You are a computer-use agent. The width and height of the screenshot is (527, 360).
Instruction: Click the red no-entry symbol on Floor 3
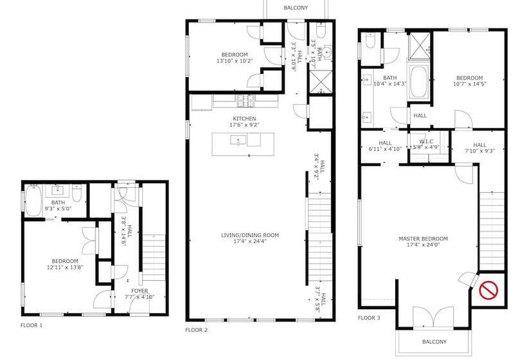click(x=489, y=289)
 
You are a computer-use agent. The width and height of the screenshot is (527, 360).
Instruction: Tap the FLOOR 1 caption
click(x=31, y=326)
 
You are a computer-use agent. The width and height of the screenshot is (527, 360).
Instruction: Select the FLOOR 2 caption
click(x=196, y=330)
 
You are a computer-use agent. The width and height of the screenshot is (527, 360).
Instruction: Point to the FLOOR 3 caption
click(x=370, y=318)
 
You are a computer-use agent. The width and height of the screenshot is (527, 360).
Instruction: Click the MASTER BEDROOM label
click(x=422, y=239)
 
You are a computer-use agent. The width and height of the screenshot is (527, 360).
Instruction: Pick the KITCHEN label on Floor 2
click(x=244, y=119)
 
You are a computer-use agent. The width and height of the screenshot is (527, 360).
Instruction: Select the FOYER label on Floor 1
click(x=140, y=291)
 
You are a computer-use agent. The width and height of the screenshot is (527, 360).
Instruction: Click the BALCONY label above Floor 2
click(x=296, y=8)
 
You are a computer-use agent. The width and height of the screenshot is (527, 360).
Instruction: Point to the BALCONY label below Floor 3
click(x=434, y=342)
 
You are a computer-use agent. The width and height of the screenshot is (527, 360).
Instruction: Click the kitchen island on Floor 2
click(x=244, y=139)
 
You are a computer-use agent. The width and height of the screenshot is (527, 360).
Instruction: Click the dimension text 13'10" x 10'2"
click(x=235, y=62)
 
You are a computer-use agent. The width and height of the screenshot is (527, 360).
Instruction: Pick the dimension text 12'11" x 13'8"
click(x=65, y=267)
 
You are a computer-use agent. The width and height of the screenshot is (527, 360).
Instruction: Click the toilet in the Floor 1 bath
click(x=76, y=194)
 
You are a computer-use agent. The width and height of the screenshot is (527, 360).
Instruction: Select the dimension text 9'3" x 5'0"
click(x=58, y=209)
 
